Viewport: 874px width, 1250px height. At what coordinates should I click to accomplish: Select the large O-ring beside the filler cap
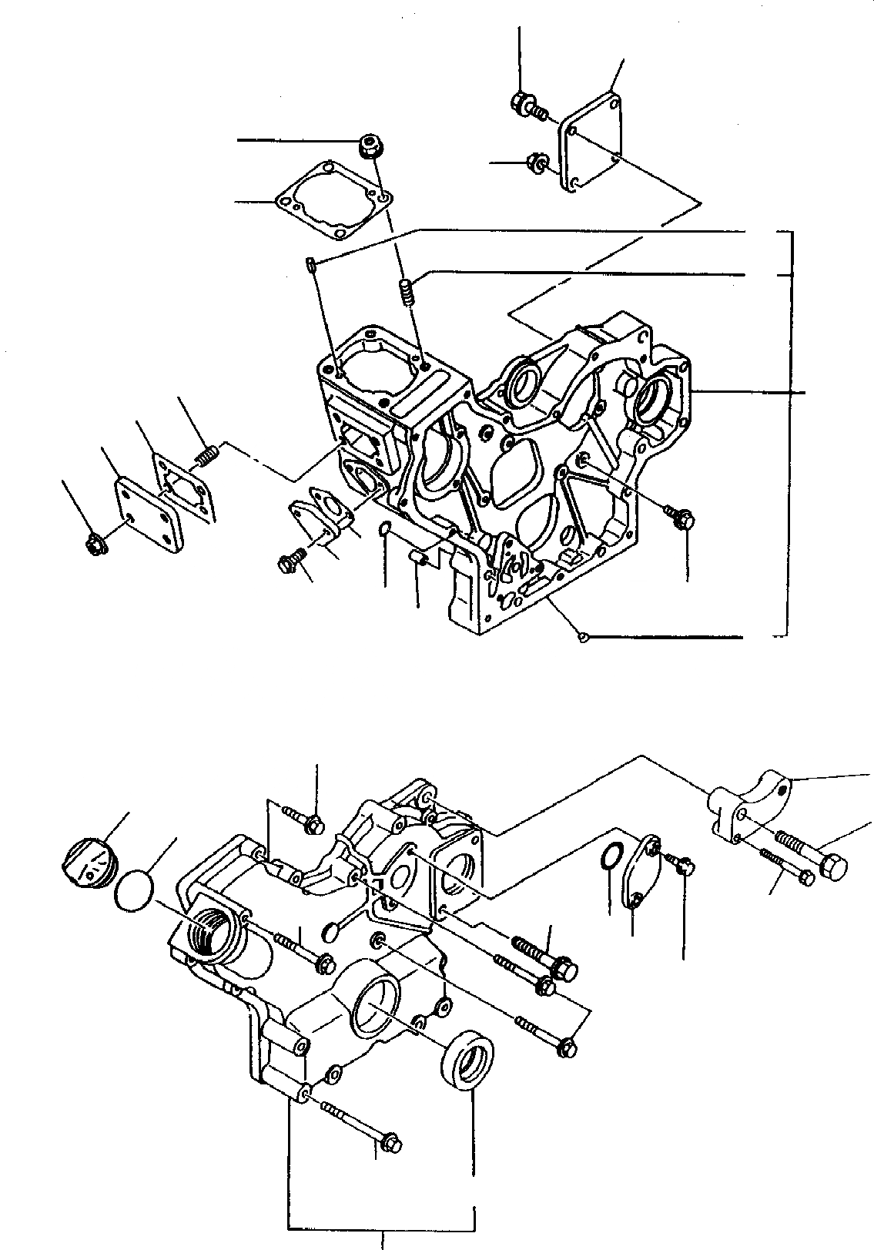[134, 891]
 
